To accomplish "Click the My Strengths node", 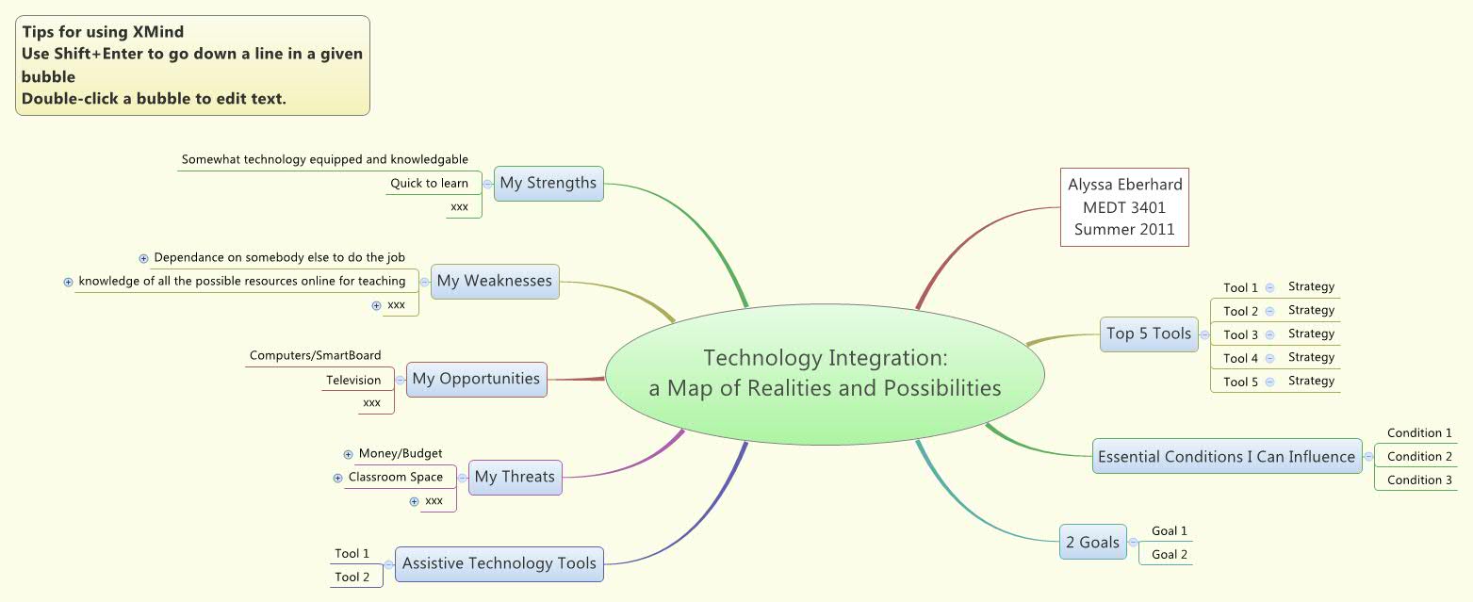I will pos(548,183).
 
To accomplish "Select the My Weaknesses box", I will pos(495,281).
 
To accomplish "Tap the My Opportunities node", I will pos(476,379).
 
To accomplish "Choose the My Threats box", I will pos(515,477).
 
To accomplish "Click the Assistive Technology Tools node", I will pos(499,563).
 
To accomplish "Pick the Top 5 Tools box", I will pos(1149,334).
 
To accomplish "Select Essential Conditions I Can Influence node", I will pos(1226,457).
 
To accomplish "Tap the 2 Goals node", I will pos(1092,542).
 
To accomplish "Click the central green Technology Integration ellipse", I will pos(825,373).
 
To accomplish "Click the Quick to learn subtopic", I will pos(429,184).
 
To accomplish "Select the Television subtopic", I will pos(353,381).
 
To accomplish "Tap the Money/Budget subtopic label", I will pos(401,454).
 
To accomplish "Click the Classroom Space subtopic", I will pos(396,478).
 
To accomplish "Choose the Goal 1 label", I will pos(1169,531).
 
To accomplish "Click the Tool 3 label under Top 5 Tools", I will pos(1240,335).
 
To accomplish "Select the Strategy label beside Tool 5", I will pos(1311,382).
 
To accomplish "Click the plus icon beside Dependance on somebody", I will pos(143,258).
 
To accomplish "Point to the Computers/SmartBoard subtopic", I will pos(315,356).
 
